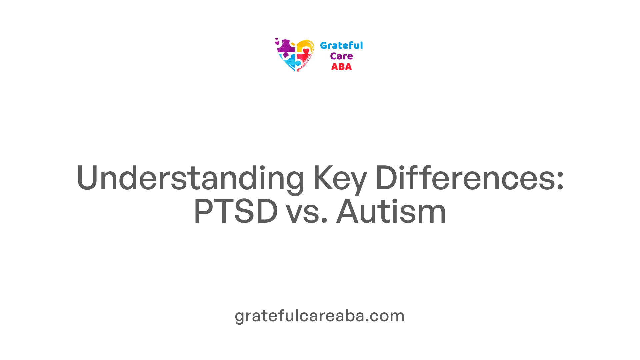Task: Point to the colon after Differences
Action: tap(560, 182)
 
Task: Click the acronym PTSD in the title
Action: tap(236, 211)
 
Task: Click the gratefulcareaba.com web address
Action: tap(320, 316)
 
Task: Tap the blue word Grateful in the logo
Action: tap(341, 45)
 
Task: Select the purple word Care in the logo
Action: tap(341, 56)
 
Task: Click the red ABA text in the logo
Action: tap(341, 67)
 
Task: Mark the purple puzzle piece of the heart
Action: tap(286, 47)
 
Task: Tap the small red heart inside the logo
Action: tap(306, 51)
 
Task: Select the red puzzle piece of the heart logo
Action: tap(304, 60)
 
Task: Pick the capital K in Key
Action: tap(323, 178)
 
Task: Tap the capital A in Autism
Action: tap(349, 211)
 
